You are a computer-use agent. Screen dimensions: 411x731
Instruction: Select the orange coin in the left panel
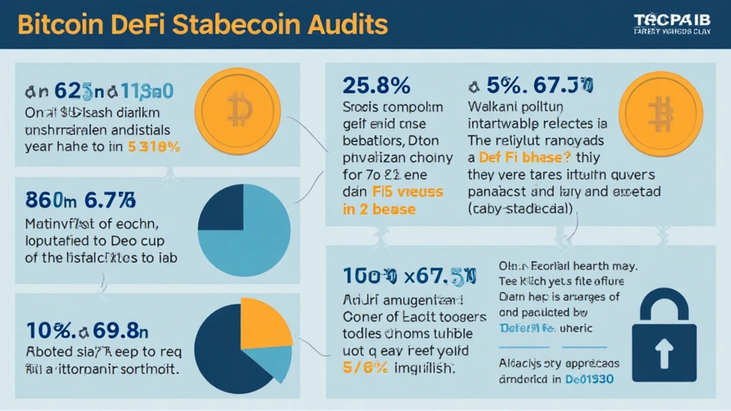[239, 110]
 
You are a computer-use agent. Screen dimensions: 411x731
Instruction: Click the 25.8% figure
[376, 86]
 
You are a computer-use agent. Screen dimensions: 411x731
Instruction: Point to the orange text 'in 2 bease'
[378, 210]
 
